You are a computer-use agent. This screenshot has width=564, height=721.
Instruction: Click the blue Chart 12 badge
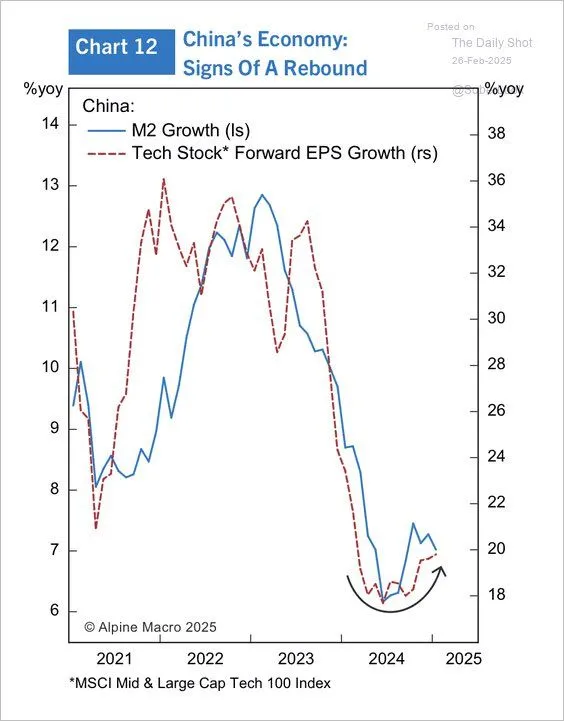(118, 47)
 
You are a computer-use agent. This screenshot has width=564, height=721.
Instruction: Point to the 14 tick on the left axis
(50, 124)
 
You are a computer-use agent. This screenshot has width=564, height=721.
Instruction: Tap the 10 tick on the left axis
(50, 368)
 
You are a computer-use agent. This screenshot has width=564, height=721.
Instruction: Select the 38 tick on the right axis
(495, 134)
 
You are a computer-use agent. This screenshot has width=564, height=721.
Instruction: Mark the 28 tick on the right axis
(495, 365)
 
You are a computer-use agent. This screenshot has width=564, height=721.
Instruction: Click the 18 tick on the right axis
(495, 595)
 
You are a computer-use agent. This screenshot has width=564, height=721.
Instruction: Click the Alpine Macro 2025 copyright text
(150, 627)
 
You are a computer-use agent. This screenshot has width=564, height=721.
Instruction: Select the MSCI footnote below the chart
(199, 683)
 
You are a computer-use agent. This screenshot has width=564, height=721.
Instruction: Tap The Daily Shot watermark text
(492, 42)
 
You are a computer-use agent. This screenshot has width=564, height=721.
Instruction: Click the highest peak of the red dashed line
(163, 179)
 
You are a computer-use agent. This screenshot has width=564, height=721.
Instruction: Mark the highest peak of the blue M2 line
(262, 195)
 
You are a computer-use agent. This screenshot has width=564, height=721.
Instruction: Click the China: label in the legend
(108, 106)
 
